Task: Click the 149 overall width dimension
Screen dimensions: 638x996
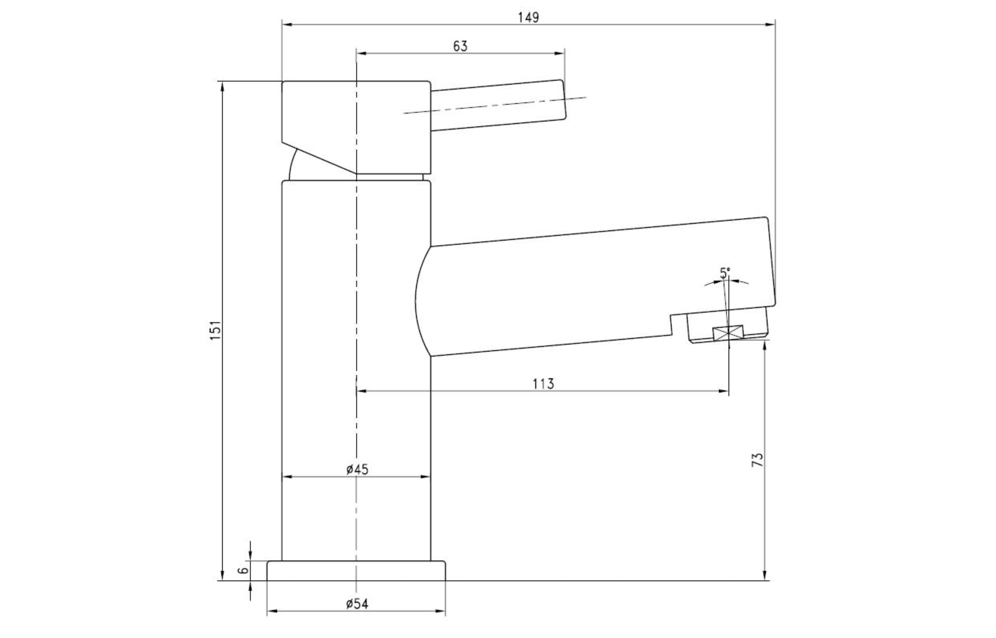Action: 528,18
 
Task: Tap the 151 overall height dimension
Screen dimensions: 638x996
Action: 215,330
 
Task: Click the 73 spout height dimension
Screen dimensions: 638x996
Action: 757,460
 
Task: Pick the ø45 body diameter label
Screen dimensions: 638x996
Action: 357,469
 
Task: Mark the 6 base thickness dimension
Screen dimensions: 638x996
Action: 244,571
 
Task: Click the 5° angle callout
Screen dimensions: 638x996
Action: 725,273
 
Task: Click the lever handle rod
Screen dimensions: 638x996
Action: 497,106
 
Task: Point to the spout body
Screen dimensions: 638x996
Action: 579,290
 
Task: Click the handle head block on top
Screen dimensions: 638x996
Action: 356,124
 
